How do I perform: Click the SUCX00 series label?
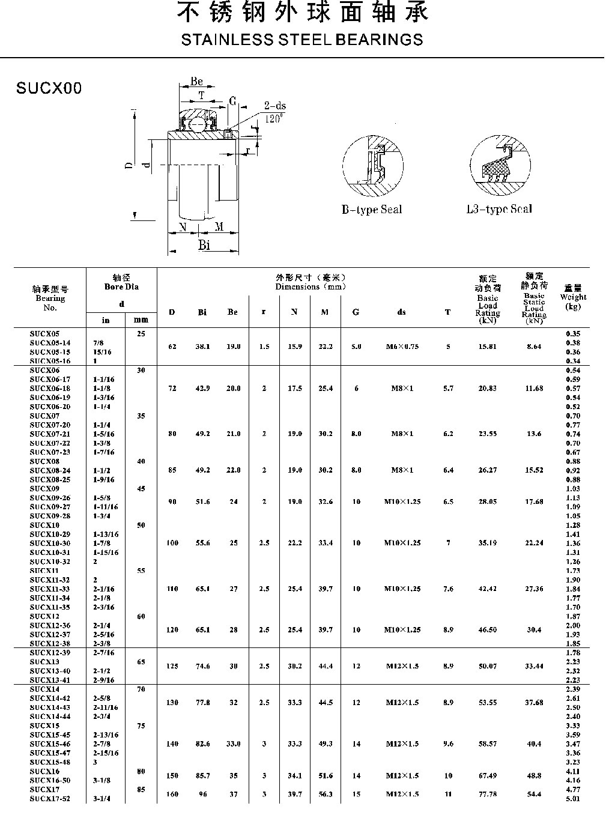click(x=49, y=89)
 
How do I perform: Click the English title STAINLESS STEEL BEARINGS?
click(x=301, y=40)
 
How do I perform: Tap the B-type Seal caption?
click(x=372, y=210)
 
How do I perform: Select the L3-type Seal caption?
click(x=499, y=209)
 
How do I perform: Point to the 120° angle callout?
click(x=273, y=119)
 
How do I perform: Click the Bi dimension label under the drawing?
click(x=204, y=244)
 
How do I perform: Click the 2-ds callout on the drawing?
click(x=275, y=106)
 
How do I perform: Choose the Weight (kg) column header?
click(x=573, y=297)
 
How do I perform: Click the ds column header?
click(x=402, y=312)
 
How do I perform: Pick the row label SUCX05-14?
click(x=50, y=343)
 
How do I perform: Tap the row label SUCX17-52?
click(x=50, y=799)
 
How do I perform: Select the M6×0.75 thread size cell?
click(x=402, y=347)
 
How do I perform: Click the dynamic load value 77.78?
click(x=487, y=794)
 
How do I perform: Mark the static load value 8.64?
click(x=533, y=347)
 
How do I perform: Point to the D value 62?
click(x=172, y=347)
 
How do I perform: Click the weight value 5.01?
click(x=573, y=799)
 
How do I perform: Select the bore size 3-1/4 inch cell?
click(x=102, y=799)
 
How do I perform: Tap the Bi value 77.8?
click(x=202, y=703)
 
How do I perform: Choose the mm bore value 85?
click(x=141, y=790)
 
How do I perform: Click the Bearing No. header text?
click(x=50, y=298)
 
